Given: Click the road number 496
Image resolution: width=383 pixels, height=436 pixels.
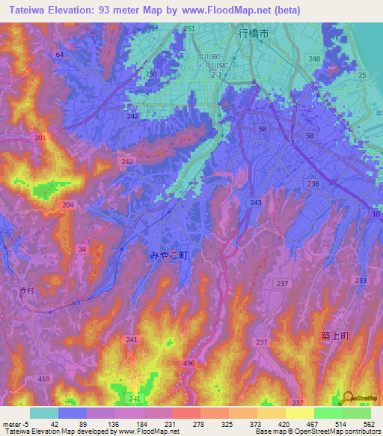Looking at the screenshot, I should [189, 363].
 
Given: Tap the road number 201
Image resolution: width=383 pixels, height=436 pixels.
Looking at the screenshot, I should [40, 139].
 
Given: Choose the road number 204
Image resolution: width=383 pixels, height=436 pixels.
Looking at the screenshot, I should [68, 205].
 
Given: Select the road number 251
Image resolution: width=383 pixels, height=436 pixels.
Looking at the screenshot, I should [189, 28].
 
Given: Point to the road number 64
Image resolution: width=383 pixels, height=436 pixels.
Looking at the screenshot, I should [59, 55].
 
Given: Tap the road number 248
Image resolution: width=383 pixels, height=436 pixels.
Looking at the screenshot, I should [314, 58].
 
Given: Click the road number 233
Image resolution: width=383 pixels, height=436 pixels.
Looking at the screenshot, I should [361, 279].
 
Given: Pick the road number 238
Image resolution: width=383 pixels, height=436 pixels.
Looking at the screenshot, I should [313, 184].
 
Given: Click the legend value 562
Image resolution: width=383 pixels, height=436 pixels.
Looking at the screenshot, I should [369, 423].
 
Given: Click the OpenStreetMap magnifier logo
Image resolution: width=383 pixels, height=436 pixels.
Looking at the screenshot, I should [347, 398].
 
